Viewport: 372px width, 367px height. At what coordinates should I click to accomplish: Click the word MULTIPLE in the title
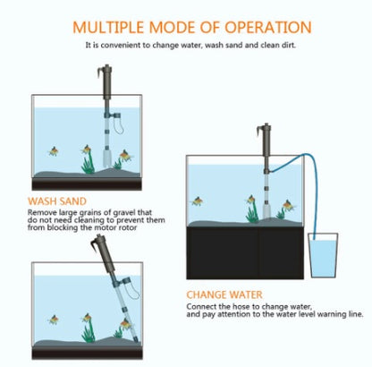[x=110, y=28]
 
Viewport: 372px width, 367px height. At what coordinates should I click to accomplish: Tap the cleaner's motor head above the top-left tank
[x=105, y=85]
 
